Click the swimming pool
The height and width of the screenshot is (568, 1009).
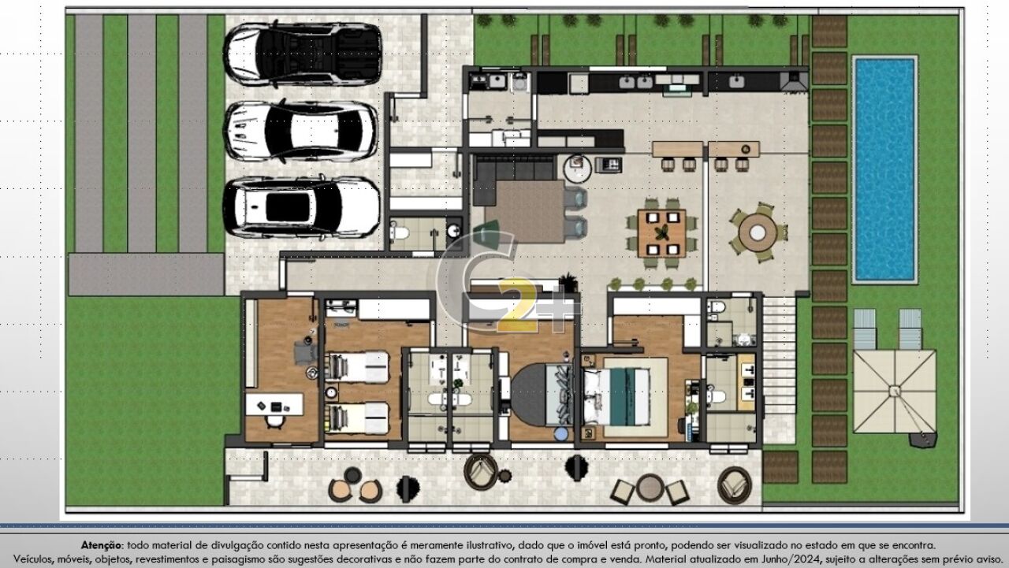coord(884,169)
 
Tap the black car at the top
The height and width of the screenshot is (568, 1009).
coord(303,54)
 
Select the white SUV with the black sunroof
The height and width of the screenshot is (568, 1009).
coord(301,207)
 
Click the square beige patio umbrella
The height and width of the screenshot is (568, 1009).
coord(894,391)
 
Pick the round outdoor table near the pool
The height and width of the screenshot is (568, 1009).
coord(758,232)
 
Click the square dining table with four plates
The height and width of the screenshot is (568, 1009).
coord(661,233)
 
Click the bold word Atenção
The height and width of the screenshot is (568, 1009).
coord(102,545)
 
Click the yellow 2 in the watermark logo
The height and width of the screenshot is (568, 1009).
coord(518,306)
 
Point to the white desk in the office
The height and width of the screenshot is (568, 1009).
coord(274,405)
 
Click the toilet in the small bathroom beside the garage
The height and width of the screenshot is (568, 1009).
coord(400,232)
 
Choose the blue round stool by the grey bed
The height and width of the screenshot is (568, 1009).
coord(560,433)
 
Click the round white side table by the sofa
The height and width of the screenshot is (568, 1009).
coord(578,169)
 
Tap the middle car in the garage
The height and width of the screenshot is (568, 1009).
coord(301,131)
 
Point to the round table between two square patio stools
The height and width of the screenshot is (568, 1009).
coord(649,488)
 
